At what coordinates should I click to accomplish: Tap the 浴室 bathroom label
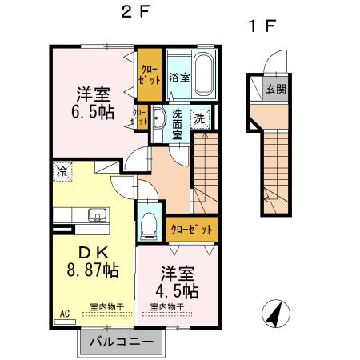tap(179, 78)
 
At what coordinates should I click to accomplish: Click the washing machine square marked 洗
tap(200, 117)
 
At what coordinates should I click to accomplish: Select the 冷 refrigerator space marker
tap(61, 170)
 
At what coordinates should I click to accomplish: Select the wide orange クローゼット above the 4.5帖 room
tap(192, 229)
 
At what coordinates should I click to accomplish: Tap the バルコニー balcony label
tap(121, 342)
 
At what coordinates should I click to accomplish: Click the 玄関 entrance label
tap(275, 88)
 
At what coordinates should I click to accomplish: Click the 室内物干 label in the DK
tap(107, 306)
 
